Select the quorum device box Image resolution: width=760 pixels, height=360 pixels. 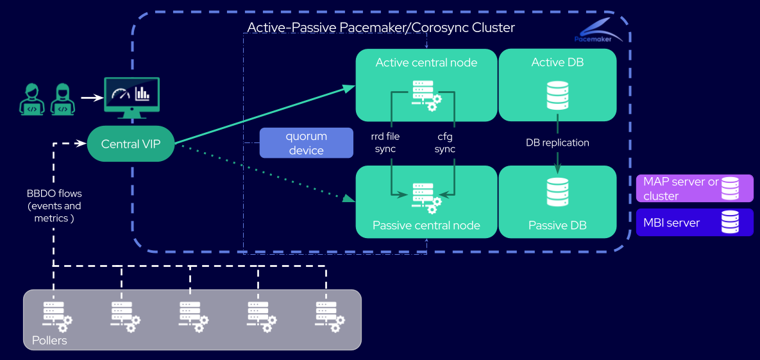pos(306,142)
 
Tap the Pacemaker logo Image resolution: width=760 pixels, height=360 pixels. pos(598,30)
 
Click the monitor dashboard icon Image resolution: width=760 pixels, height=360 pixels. pos(132,97)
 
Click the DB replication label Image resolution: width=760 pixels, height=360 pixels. pos(557,142)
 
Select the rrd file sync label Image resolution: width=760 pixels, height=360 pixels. pos(385,142)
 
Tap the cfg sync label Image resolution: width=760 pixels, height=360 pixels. pos(444,142)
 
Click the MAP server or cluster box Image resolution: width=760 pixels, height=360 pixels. pos(695,189)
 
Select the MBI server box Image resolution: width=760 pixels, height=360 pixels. pos(695,222)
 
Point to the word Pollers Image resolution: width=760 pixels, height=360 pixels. pos(49,340)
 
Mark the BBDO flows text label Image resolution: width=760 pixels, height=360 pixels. pos(55,205)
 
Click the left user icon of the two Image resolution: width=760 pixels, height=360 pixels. pos(31,99)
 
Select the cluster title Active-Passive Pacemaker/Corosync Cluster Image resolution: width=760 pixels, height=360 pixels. pos(381,28)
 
